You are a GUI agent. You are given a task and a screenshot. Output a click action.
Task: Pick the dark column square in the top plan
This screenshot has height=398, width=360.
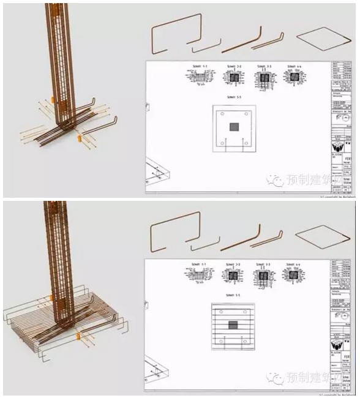[x=234, y=127]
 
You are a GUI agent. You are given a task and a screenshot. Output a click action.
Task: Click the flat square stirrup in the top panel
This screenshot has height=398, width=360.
[x=324, y=36]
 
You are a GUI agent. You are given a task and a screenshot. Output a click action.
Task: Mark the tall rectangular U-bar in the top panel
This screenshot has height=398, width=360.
[x=178, y=34]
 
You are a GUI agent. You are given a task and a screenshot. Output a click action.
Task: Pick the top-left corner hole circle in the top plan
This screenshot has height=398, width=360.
[x=221, y=115]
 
